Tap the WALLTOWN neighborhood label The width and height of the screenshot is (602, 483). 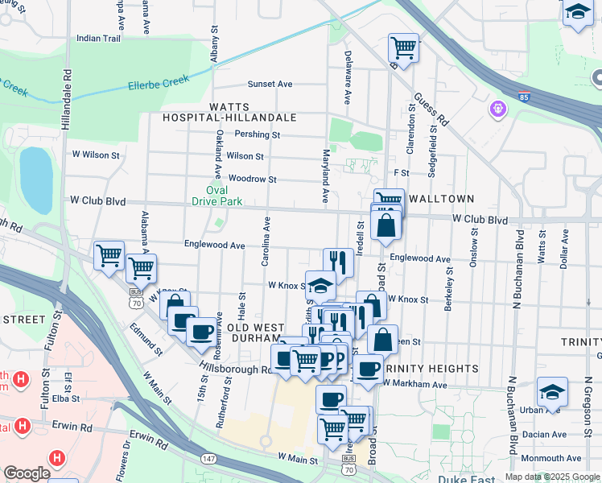(x=441, y=198)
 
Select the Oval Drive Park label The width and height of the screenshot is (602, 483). (x=218, y=196)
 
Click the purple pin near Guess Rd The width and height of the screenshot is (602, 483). (x=498, y=107)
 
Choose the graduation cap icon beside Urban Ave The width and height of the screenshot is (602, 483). (x=552, y=392)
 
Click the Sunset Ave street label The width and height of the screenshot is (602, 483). (x=270, y=84)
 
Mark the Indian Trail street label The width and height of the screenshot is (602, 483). (x=98, y=38)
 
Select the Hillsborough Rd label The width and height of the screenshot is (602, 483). (x=237, y=368)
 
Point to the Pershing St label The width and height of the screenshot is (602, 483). (x=253, y=135)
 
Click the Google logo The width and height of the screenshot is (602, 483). (x=27, y=473)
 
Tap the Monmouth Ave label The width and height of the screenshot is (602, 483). (x=551, y=457)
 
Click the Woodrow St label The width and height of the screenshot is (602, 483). (x=252, y=179)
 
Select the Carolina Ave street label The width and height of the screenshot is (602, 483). (x=266, y=241)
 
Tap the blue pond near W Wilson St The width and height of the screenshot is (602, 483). (x=35, y=176)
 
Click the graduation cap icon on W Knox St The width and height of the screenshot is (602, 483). (x=320, y=286)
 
